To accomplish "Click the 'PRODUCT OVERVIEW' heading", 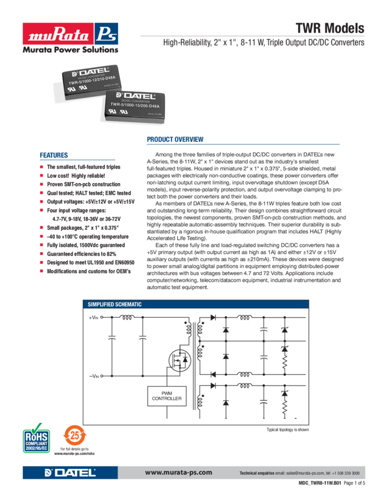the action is pos(175,140).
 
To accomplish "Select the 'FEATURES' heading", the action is pos(54,155).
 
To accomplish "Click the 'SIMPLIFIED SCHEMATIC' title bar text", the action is pos(115,304).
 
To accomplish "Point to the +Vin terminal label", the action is pos(96,317).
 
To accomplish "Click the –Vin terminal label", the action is pos(96,375).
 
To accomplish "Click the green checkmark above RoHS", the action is pos(37,426).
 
